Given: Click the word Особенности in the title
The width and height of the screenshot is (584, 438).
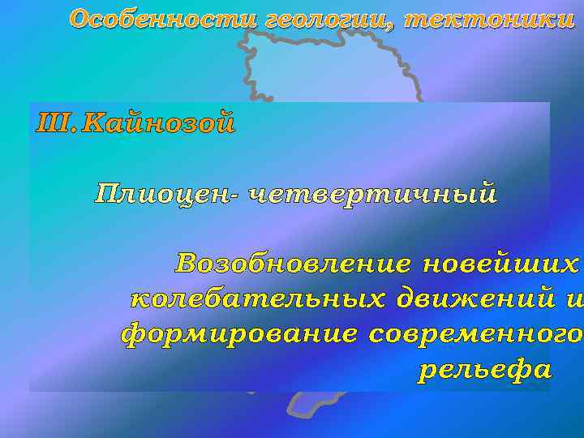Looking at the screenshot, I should click(162, 18).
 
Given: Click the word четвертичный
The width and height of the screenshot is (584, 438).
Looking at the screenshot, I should click(372, 195).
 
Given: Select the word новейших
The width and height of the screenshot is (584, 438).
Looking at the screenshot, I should click(502, 264).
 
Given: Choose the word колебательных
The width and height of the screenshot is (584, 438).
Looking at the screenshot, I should click(259, 299).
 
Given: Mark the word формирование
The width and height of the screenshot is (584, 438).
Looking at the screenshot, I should click(238, 334).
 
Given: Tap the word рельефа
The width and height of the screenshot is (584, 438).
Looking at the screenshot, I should click(484, 370).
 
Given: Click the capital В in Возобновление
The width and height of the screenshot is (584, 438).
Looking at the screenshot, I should click(187, 264).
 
